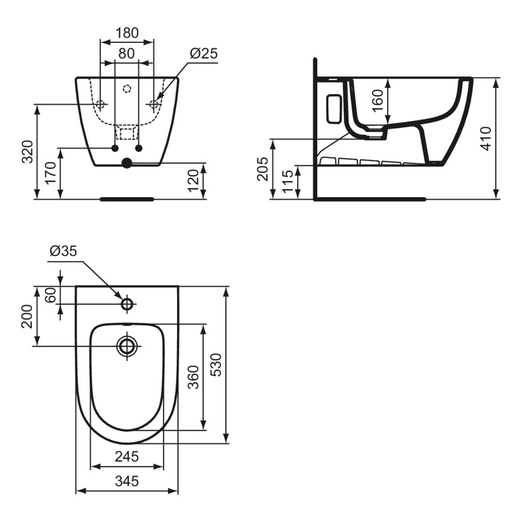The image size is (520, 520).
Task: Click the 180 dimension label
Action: tap(127, 33)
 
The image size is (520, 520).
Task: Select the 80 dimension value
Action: tap(126, 53)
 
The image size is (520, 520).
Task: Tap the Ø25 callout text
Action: tap(203, 53)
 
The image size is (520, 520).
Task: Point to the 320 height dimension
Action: tap(27, 151)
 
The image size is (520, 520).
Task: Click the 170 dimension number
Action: tap(51, 173)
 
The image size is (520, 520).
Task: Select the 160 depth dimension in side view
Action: tap(377, 101)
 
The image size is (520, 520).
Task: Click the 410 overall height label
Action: tap(486, 138)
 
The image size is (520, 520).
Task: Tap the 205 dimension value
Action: tap(262, 169)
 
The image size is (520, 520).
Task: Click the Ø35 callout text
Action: tap(63, 251)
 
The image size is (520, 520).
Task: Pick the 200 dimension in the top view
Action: tap(27, 316)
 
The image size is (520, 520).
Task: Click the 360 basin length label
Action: tap(194, 377)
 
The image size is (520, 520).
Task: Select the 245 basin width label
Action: tap(127, 456)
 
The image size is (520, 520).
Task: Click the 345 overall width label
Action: tap(127, 481)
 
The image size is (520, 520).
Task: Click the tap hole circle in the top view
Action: tap(127, 304)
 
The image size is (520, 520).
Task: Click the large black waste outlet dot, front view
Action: tap(127, 163)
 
